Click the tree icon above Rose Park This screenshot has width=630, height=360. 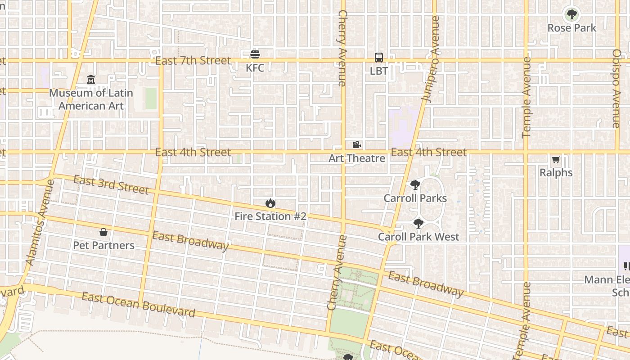pos(571,14)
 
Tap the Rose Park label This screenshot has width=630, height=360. pos(571,28)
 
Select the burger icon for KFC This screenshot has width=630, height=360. pos(255,54)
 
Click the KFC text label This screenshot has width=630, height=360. pos(255,68)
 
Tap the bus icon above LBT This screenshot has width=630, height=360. pos(379,58)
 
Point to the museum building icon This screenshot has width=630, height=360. pos(91,80)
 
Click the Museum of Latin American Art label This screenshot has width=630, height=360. pos(91,99)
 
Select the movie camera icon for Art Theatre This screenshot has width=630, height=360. pos(356,145)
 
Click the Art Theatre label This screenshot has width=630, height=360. pos(356,158)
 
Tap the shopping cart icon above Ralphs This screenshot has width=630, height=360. pos(556,159)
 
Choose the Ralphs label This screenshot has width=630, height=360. pos(556,173)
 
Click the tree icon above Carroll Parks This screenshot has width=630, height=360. pos(415,185)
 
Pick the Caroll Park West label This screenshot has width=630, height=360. pos(418,237)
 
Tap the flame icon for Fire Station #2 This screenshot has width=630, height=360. pos(270,203)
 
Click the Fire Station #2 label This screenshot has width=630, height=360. pos(270,216)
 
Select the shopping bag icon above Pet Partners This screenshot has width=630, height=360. pos(103,232)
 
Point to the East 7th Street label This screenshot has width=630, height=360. pos(193,60)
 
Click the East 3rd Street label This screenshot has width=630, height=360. pos(111,185)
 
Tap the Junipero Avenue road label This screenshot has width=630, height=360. pos(431,58)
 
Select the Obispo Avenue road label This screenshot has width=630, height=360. pos(616,88)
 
